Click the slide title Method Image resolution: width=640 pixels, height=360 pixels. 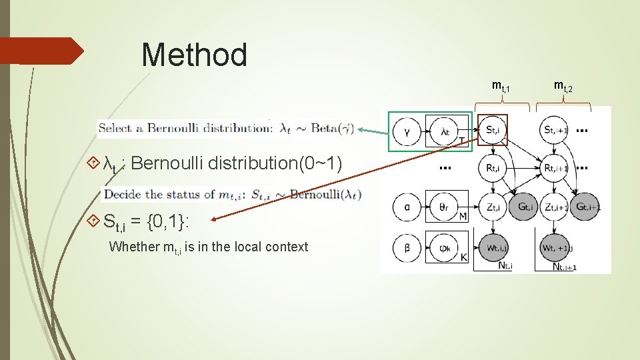194,55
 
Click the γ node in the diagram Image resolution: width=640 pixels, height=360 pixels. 407,132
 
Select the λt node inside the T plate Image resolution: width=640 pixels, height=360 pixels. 445,132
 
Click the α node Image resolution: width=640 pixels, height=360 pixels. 407,207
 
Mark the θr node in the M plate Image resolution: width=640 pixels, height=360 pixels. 445,207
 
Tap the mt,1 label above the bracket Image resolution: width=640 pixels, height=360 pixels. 501,86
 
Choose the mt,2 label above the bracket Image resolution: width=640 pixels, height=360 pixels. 563,86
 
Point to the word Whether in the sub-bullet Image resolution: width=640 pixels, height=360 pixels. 134,247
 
